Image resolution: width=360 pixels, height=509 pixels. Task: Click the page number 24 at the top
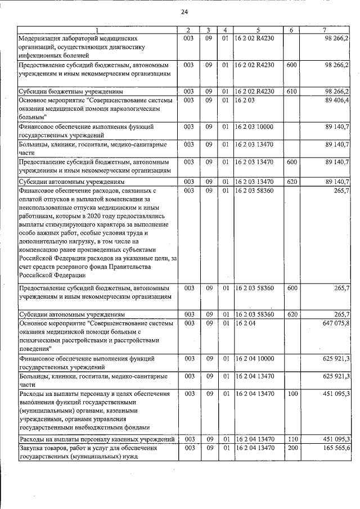point(184,12)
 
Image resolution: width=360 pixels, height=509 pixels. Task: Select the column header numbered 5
point(258,30)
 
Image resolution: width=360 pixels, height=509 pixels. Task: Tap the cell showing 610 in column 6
point(291,91)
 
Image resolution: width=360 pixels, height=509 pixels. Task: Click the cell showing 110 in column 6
point(291,439)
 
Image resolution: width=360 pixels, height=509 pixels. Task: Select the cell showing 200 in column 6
point(291,448)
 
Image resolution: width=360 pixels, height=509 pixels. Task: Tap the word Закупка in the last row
point(33,448)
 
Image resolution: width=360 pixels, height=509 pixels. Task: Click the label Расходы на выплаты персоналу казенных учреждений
point(95,439)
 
